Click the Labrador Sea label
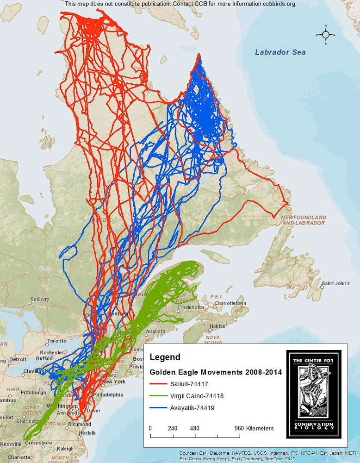(x=280, y=52)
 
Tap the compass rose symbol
(x=325, y=35)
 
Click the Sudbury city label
(x=39, y=299)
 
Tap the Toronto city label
(x=57, y=341)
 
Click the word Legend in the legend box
(x=165, y=357)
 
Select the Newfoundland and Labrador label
(x=304, y=220)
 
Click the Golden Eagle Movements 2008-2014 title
(x=215, y=372)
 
